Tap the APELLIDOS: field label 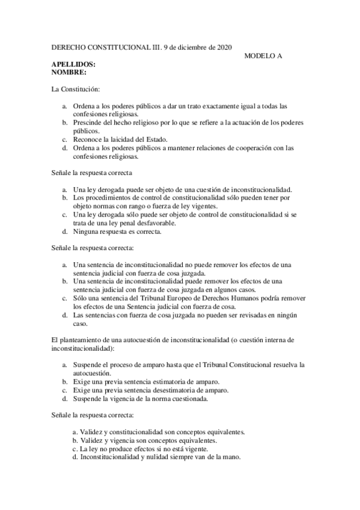pos(74,64)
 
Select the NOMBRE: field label pos(69,72)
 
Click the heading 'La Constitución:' pos(74,89)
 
